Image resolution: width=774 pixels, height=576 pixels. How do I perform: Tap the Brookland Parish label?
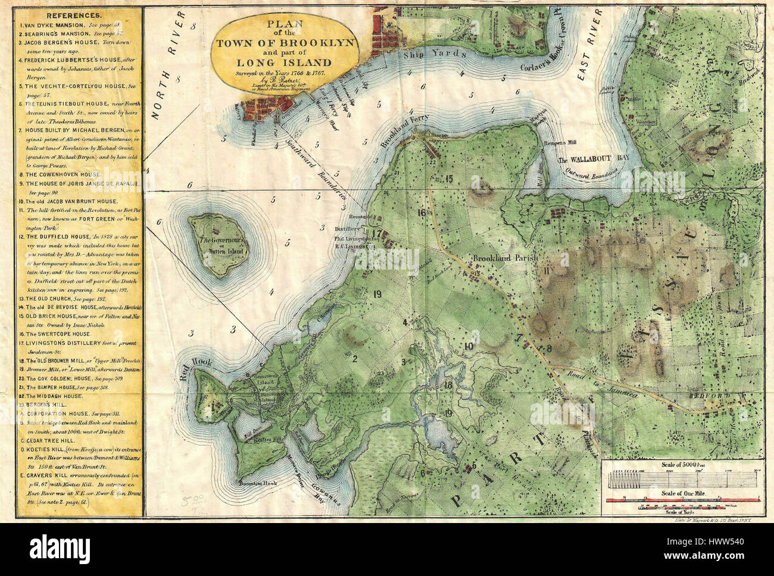pos(505,259)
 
